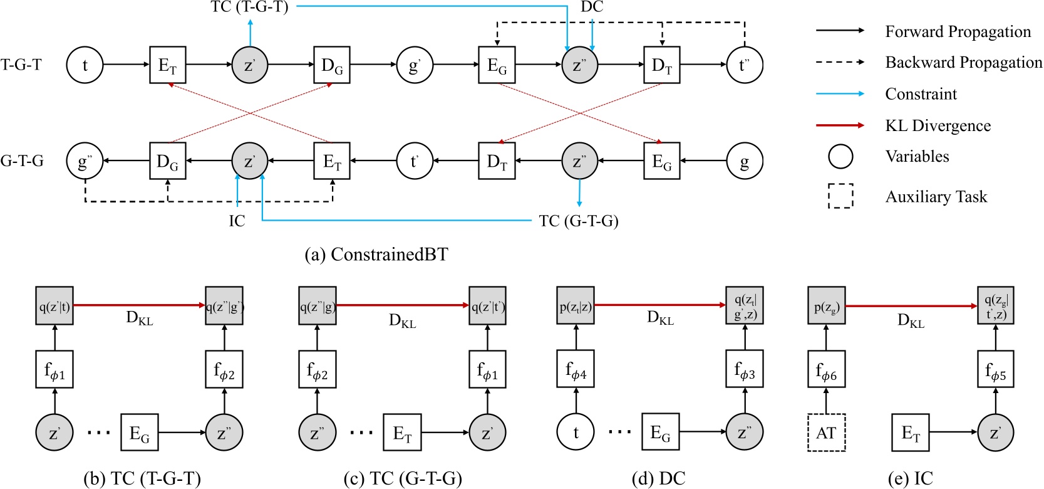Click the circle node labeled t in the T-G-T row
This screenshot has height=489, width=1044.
pos(85,65)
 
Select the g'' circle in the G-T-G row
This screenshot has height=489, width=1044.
pos(85,161)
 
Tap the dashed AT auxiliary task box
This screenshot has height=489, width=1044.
pos(826,433)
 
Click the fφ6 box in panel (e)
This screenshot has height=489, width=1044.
pos(826,374)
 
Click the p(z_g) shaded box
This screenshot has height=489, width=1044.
pos(826,307)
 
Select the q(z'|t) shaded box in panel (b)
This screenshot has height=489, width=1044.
pos(54,307)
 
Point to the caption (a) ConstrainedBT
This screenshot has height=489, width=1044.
pos(376,254)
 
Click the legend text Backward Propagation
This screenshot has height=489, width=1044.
pos(963,62)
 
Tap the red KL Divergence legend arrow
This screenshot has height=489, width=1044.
pos(840,125)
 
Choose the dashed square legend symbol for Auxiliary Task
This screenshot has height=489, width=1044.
pos(840,196)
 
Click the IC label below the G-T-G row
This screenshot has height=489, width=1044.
pos(237,221)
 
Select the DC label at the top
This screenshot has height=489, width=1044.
pos(591,7)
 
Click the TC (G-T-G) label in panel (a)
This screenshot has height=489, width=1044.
pos(578,221)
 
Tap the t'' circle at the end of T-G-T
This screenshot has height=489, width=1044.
pos(744,65)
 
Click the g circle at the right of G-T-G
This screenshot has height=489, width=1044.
pos(744,161)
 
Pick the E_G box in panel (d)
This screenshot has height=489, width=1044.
pos(661,432)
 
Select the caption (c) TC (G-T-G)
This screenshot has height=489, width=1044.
pos(403,479)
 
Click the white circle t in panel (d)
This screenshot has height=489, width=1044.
pos(576,432)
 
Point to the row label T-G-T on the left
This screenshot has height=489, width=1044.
pos(21,65)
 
